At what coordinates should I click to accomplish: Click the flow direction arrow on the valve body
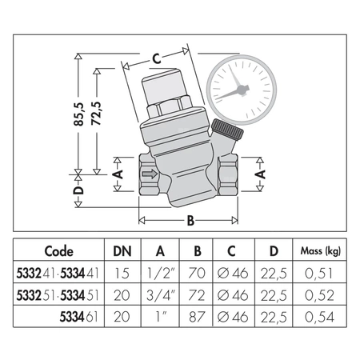[148, 172]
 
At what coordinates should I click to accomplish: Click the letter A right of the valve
[261, 172]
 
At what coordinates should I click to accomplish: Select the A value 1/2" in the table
[163, 273]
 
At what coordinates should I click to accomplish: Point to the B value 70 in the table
[201, 273]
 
